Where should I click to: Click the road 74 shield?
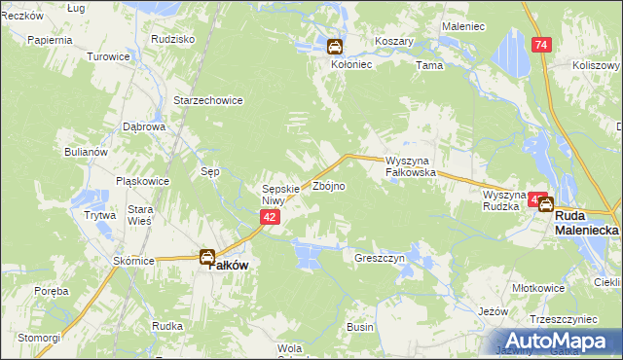click(541, 45)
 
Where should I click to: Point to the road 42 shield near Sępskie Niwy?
click(272, 220)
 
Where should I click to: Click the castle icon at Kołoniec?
click(334, 46)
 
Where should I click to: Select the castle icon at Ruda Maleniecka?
click(546, 205)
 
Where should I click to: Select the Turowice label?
click(109, 56)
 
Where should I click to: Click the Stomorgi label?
click(39, 337)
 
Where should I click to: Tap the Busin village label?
click(359, 327)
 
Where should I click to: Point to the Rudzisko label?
click(174, 39)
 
